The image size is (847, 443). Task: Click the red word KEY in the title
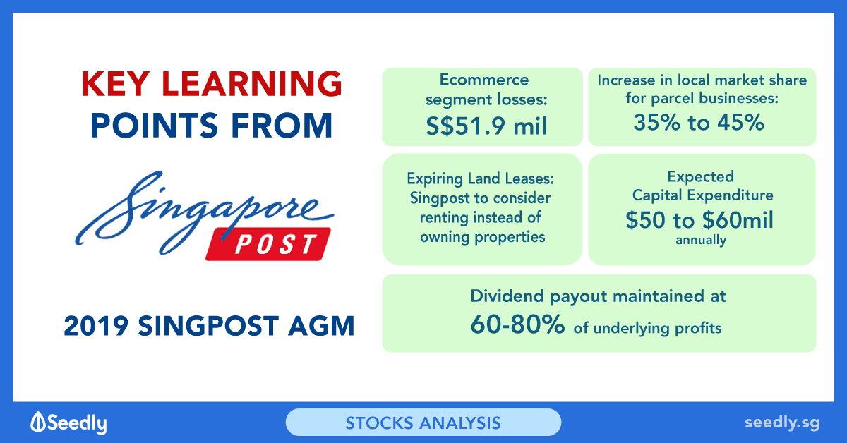point(115,83)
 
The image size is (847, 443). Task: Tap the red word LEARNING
point(252,83)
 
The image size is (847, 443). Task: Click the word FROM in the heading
point(282,125)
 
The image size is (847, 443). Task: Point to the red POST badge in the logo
point(268,244)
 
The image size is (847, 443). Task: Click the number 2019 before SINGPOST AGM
point(96,326)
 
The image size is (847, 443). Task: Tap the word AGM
point(321,326)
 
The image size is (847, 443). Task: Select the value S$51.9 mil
point(486,126)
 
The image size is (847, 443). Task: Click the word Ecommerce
point(484,80)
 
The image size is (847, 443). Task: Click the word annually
point(701,240)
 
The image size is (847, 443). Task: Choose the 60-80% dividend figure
point(517,324)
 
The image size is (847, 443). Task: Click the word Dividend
point(507,296)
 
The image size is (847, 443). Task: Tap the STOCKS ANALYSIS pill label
point(423,423)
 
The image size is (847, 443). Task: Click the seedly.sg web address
point(782,423)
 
